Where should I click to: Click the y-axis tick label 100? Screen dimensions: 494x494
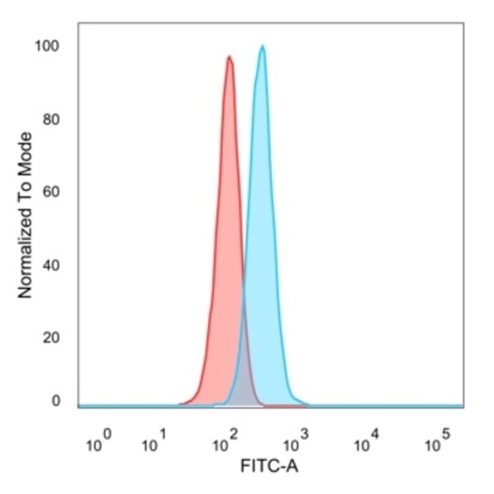tap(47, 47)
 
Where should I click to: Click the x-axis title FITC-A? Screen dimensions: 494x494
tap(269, 466)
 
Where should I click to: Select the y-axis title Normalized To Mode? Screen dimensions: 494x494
tap(25, 215)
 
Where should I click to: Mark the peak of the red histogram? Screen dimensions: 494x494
tap(229, 57)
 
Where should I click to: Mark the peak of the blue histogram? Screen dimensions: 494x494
tap(262, 46)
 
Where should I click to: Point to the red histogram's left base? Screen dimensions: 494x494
tap(182, 404)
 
